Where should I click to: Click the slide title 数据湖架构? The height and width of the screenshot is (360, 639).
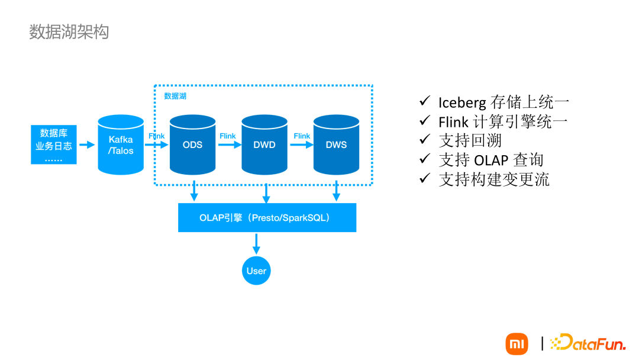pyautogui.click(x=69, y=32)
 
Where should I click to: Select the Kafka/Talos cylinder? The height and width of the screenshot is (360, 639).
pyautogui.click(x=121, y=145)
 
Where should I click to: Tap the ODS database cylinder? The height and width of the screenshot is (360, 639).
pyautogui.click(x=192, y=145)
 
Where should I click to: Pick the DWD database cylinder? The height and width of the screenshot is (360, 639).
pyautogui.click(x=264, y=145)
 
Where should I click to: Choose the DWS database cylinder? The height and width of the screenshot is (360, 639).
pyautogui.click(x=336, y=145)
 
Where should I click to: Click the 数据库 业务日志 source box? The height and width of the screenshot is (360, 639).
pyautogui.click(x=54, y=145)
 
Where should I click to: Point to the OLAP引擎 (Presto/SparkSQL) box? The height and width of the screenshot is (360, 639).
pyautogui.click(x=267, y=217)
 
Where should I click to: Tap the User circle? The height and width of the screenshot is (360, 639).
pyautogui.click(x=256, y=271)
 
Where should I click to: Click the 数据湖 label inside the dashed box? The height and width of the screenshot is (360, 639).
pyautogui.click(x=175, y=96)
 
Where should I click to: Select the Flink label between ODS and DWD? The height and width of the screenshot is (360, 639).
pyautogui.click(x=228, y=136)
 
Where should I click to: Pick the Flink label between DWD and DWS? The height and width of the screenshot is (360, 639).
pyautogui.click(x=302, y=136)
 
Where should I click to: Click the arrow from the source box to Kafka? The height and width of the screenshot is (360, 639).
pyautogui.click(x=87, y=145)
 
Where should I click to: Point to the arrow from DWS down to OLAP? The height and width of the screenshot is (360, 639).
pyautogui.click(x=336, y=191)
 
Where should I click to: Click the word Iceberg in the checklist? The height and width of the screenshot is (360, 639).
pyautogui.click(x=462, y=102)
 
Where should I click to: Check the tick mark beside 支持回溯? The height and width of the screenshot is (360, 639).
pyautogui.click(x=424, y=140)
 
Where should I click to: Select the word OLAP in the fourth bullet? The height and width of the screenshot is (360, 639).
pyautogui.click(x=492, y=160)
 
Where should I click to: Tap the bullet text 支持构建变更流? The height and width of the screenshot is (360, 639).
pyautogui.click(x=494, y=179)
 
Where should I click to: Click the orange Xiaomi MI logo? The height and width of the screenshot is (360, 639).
pyautogui.click(x=517, y=344)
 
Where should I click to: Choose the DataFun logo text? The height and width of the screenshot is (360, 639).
pyautogui.click(x=592, y=343)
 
